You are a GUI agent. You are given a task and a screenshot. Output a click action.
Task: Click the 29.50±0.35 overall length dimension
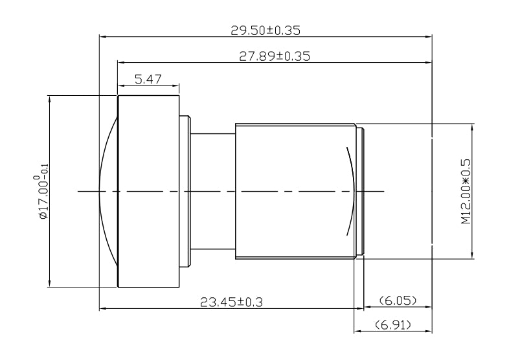click(x=265, y=30)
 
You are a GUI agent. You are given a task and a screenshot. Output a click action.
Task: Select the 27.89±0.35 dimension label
click(x=275, y=56)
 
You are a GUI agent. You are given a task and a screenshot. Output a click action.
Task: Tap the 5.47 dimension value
click(x=148, y=80)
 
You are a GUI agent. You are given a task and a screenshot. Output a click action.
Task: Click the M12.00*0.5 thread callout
click(x=465, y=191)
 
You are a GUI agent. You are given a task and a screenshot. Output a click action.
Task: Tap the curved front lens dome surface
click(x=106, y=191)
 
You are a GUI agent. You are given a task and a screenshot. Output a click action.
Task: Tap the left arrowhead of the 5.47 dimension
click(x=120, y=85)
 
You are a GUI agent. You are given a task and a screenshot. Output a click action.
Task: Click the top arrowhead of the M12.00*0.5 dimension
click(x=472, y=126)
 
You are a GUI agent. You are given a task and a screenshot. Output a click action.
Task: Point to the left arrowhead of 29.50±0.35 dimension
click(x=102, y=36)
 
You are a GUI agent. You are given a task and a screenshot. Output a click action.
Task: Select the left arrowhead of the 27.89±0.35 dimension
click(x=120, y=62)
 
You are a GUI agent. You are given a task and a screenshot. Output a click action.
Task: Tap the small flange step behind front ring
click(x=185, y=191)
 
